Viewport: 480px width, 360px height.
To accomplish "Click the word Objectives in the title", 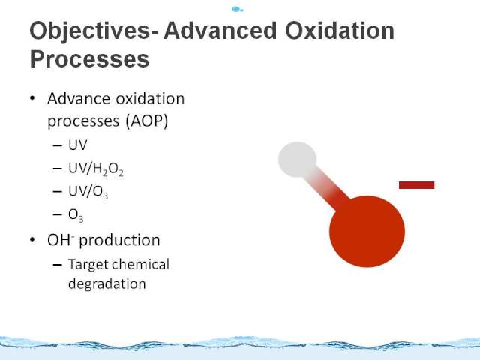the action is pyautogui.click(x=94, y=31).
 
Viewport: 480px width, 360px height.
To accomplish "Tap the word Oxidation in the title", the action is pyautogui.click(x=340, y=31).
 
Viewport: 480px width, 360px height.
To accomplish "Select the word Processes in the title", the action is pyautogui.click(x=89, y=59).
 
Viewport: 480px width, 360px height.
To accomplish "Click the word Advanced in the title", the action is pyautogui.click(x=220, y=31).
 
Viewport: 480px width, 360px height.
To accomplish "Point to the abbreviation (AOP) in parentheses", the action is pyautogui.click(x=147, y=121).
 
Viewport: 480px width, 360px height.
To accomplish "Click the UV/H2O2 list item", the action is pyautogui.click(x=96, y=169).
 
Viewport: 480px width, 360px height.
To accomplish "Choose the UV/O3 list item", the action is pyautogui.click(x=88, y=192).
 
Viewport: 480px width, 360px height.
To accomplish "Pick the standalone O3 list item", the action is pyautogui.click(x=76, y=215).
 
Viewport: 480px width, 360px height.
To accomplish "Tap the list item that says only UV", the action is pyautogui.click(x=78, y=145).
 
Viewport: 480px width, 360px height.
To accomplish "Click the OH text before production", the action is pyautogui.click(x=61, y=240).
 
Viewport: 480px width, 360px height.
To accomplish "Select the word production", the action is pyautogui.click(x=119, y=241).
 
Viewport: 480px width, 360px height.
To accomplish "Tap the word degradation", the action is pyautogui.click(x=107, y=284).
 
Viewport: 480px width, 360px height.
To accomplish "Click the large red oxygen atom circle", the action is pyautogui.click(x=367, y=232).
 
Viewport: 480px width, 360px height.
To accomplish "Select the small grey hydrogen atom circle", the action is pyautogui.click(x=297, y=160).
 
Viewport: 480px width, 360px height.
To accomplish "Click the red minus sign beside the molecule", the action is pyautogui.click(x=417, y=185).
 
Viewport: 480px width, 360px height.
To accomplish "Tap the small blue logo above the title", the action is pyautogui.click(x=238, y=10).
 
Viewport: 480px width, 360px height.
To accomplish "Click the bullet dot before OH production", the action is pyautogui.click(x=32, y=240).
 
